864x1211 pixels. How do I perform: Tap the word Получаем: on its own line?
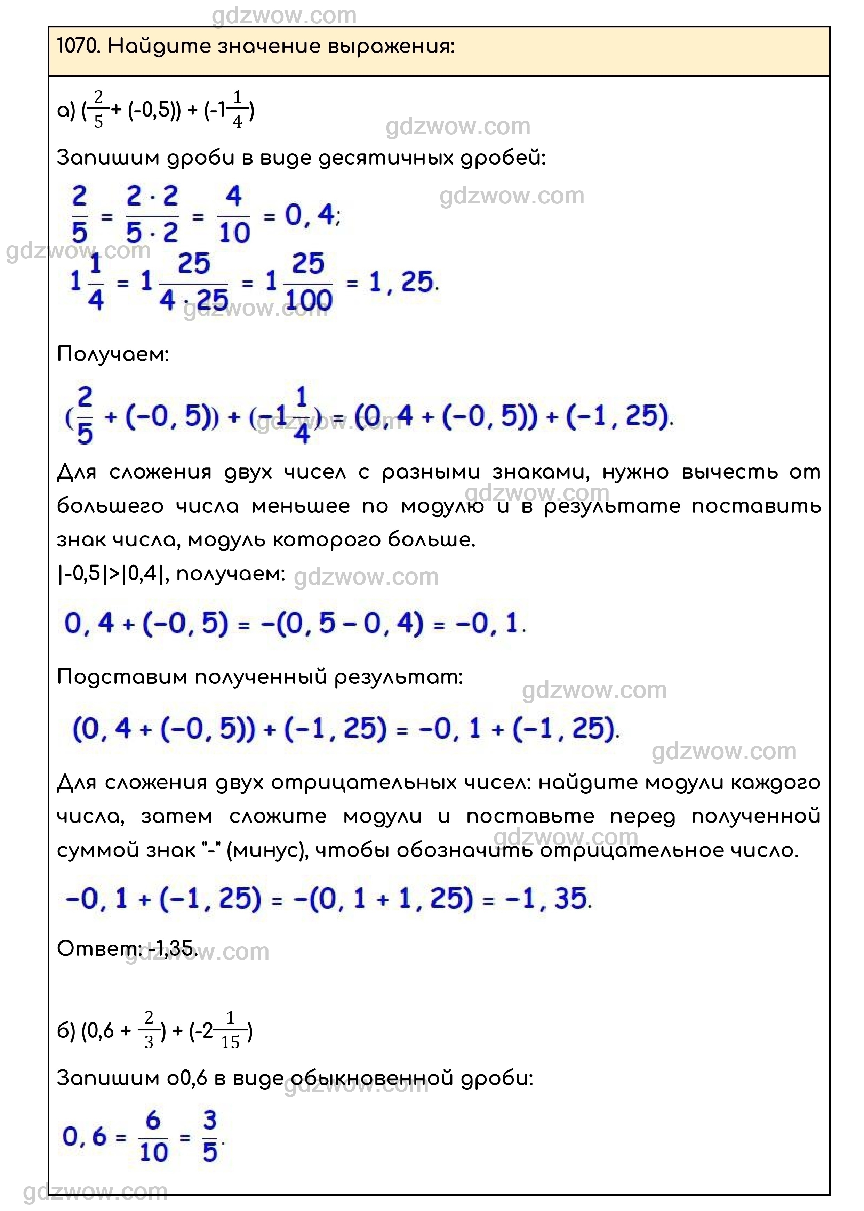click(113, 354)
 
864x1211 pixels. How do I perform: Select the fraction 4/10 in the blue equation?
click(233, 215)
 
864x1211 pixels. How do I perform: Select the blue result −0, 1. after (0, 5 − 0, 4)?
click(490, 623)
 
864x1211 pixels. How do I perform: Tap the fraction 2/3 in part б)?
click(149, 1031)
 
